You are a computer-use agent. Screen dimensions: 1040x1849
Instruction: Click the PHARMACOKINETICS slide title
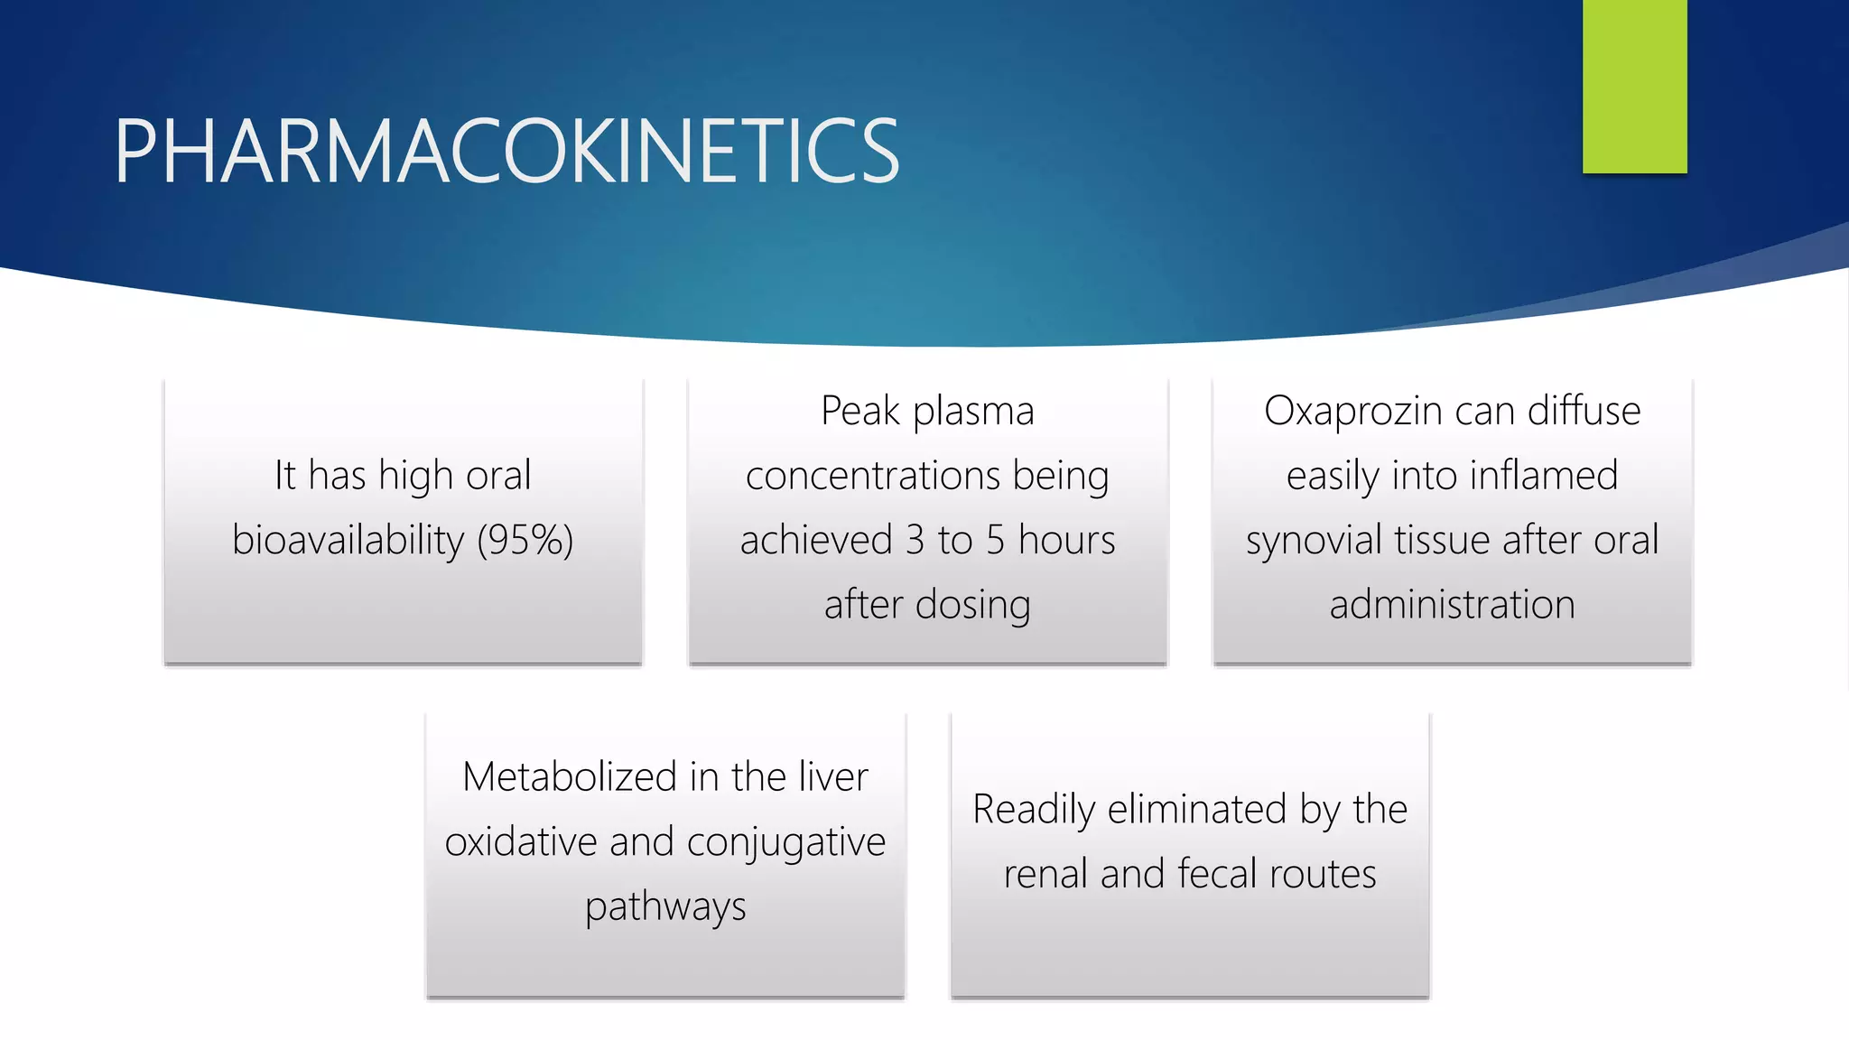pos(506,152)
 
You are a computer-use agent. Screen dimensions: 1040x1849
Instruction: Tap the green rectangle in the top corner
pos(1634,86)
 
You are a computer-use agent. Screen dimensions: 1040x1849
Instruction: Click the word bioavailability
pos(348,540)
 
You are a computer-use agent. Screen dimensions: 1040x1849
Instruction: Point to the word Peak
pos(860,411)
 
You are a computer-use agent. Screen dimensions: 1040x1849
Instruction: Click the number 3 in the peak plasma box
pos(915,540)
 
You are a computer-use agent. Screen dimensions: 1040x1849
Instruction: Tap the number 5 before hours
pos(995,540)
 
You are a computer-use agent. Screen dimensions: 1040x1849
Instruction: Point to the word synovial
pos(1315,540)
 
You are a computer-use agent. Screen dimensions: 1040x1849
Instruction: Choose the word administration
pos(1452,605)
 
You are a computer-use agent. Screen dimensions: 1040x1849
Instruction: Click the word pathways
pos(665,907)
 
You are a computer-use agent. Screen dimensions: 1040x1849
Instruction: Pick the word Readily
pos(1033,810)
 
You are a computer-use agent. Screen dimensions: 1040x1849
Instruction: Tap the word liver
pos(833,777)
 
